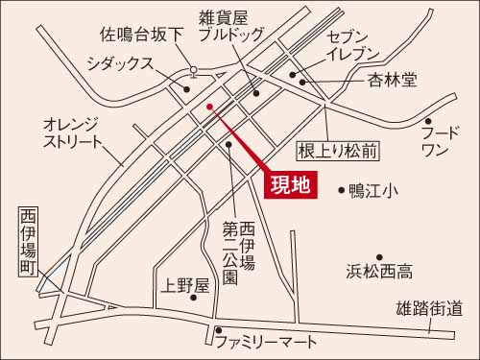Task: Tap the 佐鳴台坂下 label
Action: tap(142, 36)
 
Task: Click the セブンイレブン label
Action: tap(353, 44)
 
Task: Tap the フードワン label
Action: tap(440, 141)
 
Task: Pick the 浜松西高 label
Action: tap(379, 273)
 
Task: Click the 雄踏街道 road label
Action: tap(429, 309)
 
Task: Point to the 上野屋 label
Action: tap(187, 285)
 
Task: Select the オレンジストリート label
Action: tap(72, 133)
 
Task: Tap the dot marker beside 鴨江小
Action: tap(343, 190)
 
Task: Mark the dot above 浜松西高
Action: tap(380, 256)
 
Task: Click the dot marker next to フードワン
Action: tap(429, 122)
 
